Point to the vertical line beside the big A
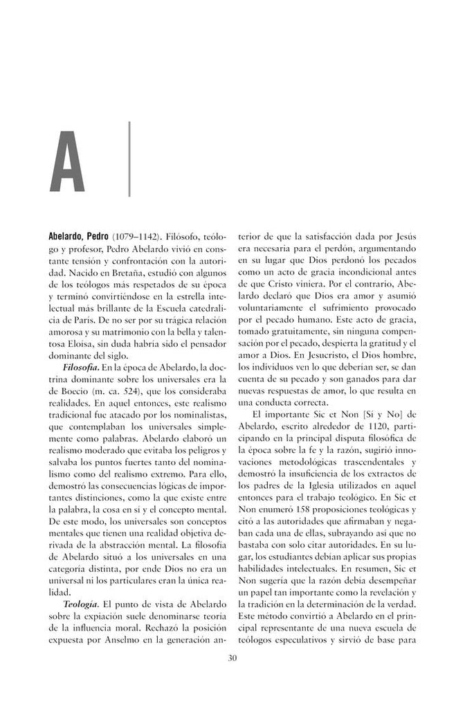129,159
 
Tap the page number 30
232,658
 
